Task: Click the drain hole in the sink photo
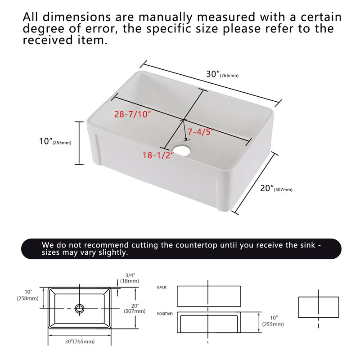point(182,149)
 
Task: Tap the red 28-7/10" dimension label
point(132,114)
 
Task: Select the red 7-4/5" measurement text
point(201,132)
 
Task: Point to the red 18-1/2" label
point(158,155)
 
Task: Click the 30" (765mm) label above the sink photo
point(222,74)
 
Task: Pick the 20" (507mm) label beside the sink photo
point(276,188)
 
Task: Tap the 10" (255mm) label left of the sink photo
point(55,141)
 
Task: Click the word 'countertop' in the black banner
point(197,245)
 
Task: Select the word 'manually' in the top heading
point(166,18)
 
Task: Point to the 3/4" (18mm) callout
point(130,278)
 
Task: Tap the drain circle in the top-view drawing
point(80,309)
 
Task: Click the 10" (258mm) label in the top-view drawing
point(27,295)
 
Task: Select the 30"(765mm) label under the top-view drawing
point(80,342)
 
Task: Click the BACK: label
point(162,287)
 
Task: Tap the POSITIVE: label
point(165,314)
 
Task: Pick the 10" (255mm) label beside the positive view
point(273,321)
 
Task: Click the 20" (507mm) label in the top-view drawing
point(135,308)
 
